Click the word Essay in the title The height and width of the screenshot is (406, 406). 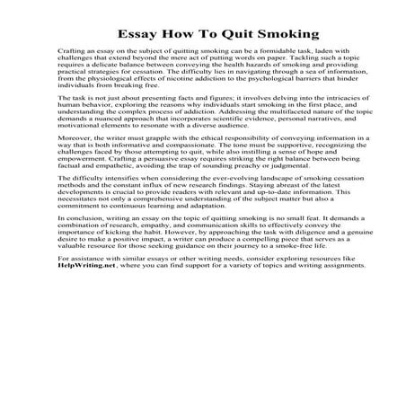coord(137,36)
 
